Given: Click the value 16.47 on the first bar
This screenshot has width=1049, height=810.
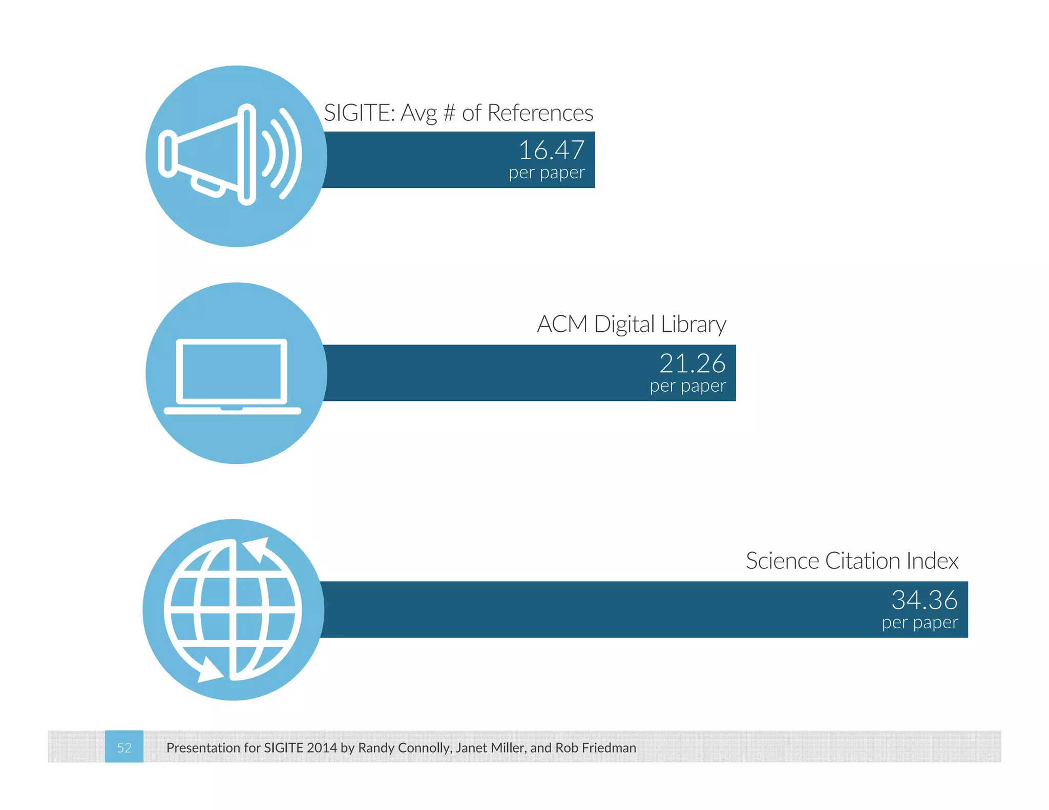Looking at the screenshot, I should (551, 151).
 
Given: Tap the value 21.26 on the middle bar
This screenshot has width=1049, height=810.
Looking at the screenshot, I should (692, 364).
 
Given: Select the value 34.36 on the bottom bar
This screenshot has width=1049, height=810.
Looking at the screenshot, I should (924, 600).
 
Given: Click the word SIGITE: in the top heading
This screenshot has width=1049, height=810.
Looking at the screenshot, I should (360, 113).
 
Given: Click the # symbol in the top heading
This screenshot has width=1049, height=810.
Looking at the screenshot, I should (449, 113).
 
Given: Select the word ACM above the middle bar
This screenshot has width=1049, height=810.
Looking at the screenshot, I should (562, 325).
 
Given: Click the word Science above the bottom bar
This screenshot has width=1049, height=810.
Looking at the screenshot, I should (782, 561).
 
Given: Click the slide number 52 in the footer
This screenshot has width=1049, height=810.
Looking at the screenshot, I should (124, 748).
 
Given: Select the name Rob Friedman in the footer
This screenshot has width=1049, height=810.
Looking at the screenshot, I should (596, 748).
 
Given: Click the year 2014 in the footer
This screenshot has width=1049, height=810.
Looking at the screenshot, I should (322, 748).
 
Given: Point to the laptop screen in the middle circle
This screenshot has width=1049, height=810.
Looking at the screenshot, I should (232, 371).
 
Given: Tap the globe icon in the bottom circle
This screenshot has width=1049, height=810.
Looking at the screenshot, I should (233, 609).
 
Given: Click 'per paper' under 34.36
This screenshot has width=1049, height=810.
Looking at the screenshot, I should (919, 623).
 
